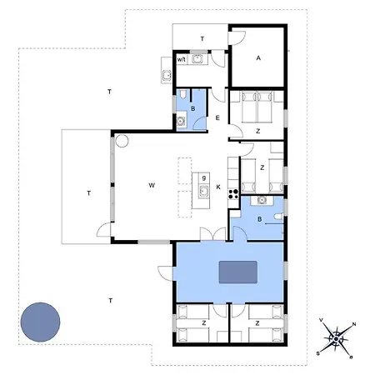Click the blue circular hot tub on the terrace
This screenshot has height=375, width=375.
point(40,322)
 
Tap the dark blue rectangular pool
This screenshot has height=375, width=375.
point(238,272)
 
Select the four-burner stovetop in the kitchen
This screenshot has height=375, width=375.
point(233,194)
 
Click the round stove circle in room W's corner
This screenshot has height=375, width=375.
point(122,141)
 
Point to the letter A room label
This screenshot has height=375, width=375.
point(258,58)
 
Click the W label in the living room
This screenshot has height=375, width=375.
point(152,185)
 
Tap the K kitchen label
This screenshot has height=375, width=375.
point(218,187)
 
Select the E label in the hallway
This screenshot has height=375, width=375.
point(217,117)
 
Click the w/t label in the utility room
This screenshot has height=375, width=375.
point(182,59)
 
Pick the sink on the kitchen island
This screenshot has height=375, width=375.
point(204,192)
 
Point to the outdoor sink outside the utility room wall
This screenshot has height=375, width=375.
point(167,75)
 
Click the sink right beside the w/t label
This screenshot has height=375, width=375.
point(197,59)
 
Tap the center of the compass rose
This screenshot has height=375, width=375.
point(336,339)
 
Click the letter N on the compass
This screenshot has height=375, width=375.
point(354,324)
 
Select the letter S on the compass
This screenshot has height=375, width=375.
point(317,353)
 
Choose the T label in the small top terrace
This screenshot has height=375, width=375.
point(202,39)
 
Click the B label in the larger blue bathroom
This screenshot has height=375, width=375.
point(259,219)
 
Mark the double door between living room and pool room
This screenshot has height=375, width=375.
point(213,234)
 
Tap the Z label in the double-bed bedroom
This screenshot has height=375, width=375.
point(258,131)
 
